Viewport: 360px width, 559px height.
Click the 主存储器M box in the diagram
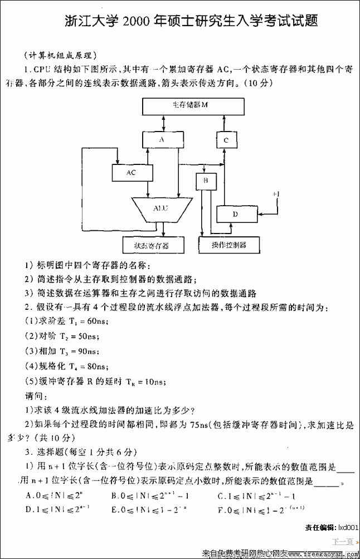193,106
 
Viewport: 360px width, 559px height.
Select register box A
162,140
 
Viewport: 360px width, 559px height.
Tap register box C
226,140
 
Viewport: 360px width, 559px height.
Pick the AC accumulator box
132,173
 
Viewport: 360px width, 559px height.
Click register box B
206,181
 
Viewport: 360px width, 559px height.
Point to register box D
235,213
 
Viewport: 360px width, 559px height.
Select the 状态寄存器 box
151,245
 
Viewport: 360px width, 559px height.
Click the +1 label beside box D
278,193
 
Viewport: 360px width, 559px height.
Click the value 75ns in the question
198,425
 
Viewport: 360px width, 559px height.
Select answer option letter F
221,509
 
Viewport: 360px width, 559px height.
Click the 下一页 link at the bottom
342,541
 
